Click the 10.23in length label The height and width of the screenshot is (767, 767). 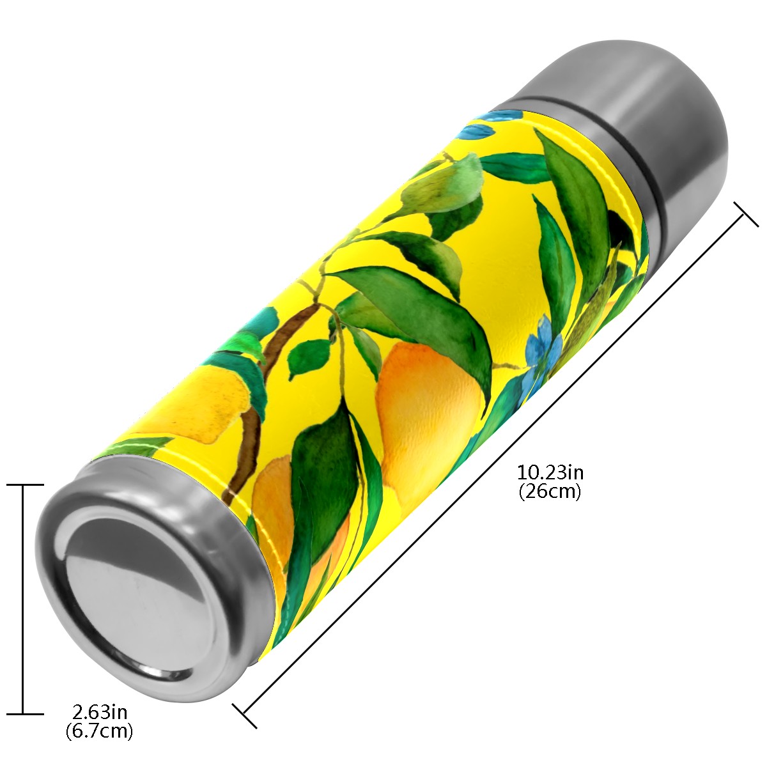(550, 473)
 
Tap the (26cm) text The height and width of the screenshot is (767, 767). (550, 492)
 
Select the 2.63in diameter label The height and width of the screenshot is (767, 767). (100, 711)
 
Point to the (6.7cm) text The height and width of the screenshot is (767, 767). (99, 731)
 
